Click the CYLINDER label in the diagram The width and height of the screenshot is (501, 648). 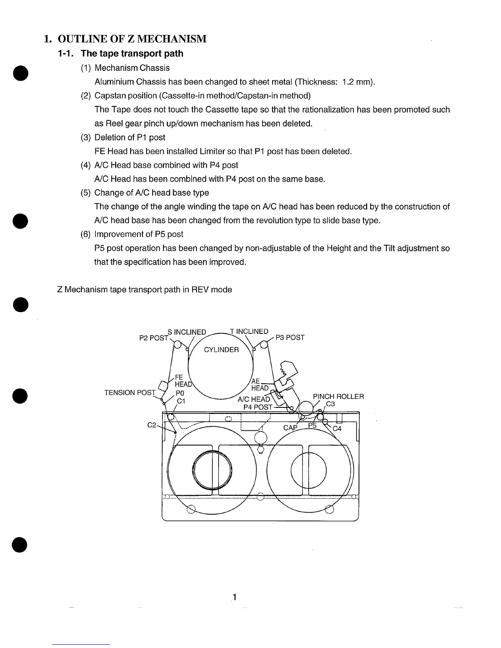click(x=221, y=350)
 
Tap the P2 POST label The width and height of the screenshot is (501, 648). click(x=154, y=338)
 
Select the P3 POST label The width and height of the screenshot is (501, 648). click(x=290, y=337)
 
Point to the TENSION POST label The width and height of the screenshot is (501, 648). click(x=130, y=393)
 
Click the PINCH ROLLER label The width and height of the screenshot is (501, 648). click(x=338, y=396)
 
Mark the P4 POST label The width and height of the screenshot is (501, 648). click(x=258, y=407)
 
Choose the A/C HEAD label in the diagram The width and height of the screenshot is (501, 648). click(x=254, y=399)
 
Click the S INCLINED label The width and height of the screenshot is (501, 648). click(x=187, y=332)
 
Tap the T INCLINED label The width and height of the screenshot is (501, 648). click(x=249, y=331)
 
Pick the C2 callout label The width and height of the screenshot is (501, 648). click(x=151, y=425)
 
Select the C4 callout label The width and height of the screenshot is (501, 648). click(x=337, y=429)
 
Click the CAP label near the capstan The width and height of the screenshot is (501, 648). click(x=290, y=428)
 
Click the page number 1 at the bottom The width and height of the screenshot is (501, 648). click(x=235, y=597)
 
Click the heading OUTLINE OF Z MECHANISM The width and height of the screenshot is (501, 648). click(x=132, y=39)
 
